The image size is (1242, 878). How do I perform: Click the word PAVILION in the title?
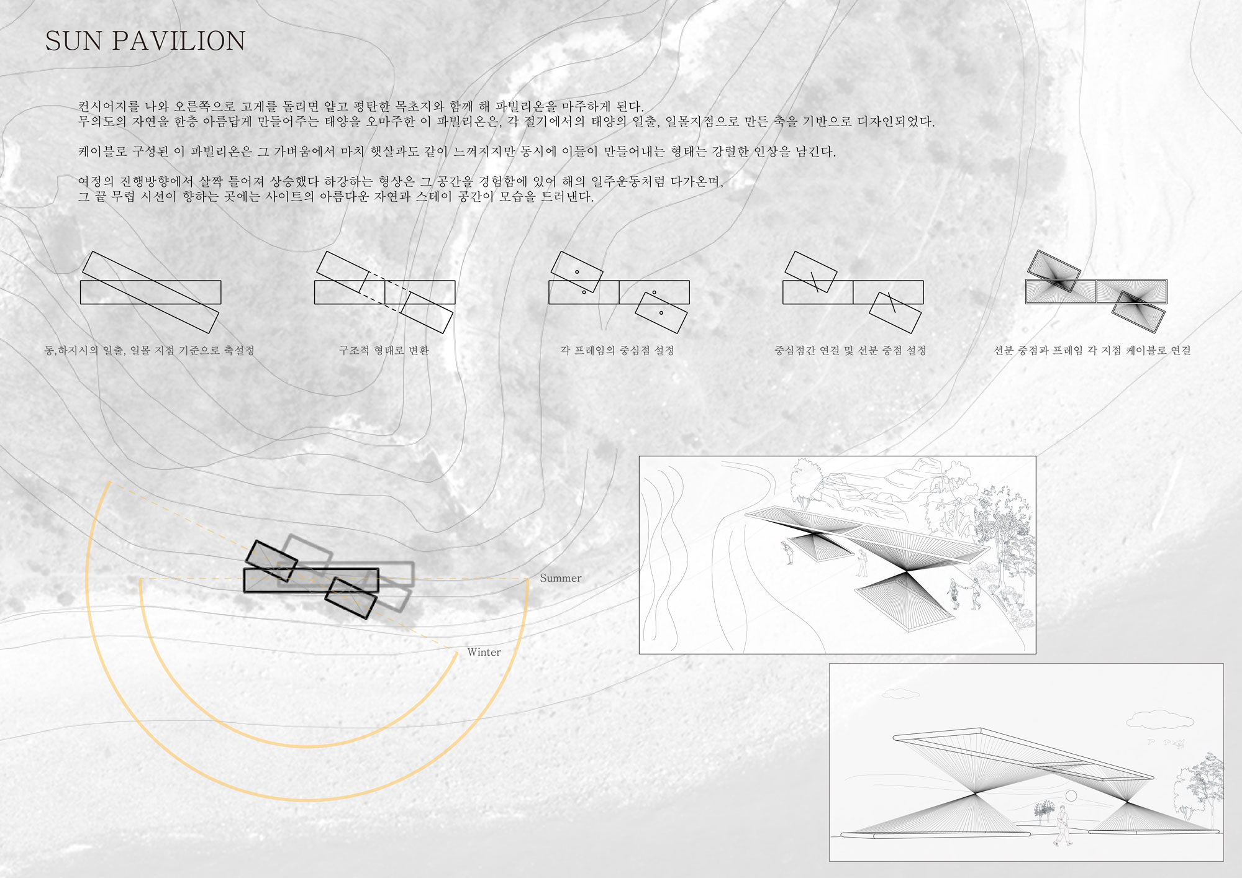pos(179,41)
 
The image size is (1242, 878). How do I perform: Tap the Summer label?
pos(560,578)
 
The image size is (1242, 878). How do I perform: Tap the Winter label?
pos(484,652)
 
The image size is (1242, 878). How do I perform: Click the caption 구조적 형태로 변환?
pos(384,350)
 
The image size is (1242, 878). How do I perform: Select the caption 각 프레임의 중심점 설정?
pos(617,350)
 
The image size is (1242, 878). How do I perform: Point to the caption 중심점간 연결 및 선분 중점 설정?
pos(850,350)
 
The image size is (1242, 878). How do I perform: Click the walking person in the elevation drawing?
pos(1063,826)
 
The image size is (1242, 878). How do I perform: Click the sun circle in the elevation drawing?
pos(1071,796)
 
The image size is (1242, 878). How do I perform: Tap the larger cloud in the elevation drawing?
pos(1160,720)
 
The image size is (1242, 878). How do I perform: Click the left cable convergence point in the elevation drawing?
pos(976,793)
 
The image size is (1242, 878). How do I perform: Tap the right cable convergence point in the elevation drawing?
pos(1127,802)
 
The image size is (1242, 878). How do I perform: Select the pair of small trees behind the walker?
pos(1045,812)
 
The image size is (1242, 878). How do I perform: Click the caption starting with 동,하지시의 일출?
pos(150,350)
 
